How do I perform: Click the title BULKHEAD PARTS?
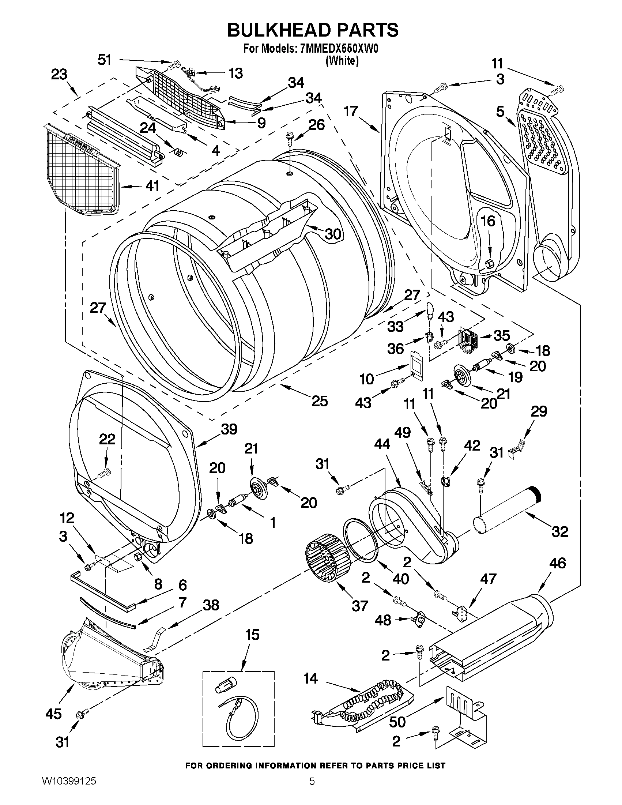pyautogui.click(x=313, y=30)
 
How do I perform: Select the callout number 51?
pyautogui.click(x=104, y=59)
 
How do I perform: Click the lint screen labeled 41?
pyautogui.click(x=83, y=170)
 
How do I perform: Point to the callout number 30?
pyautogui.click(x=332, y=233)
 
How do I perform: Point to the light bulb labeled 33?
pyautogui.click(x=430, y=309)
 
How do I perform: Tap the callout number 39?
pyautogui.click(x=229, y=429)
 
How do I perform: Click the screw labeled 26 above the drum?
pyautogui.click(x=290, y=140)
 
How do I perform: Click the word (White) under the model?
pyautogui.click(x=342, y=60)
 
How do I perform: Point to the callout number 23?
pyautogui.click(x=59, y=75)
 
